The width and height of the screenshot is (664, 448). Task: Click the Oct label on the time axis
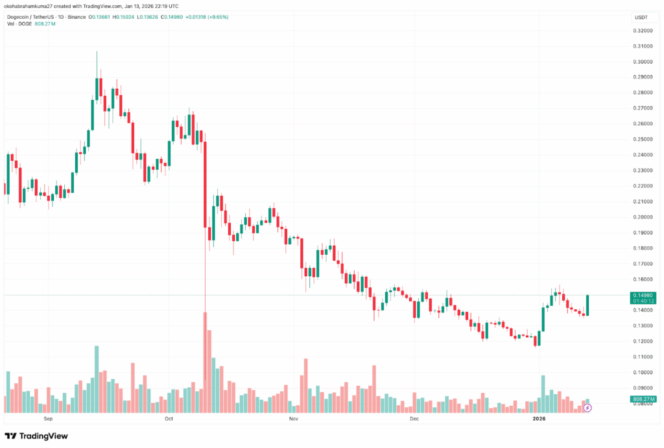[169, 419]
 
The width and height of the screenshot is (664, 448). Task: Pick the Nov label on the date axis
[292, 419]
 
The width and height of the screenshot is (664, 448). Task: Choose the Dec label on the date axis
[414, 419]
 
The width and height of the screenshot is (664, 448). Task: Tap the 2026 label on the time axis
[539, 419]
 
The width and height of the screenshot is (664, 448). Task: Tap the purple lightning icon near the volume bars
[587, 408]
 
